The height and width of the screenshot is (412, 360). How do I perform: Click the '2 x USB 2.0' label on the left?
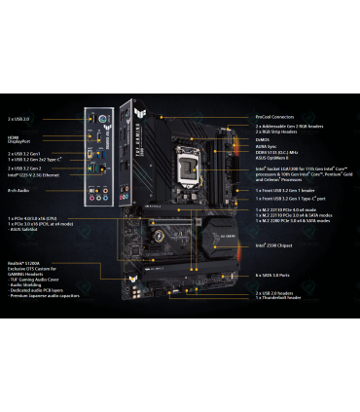[18, 118]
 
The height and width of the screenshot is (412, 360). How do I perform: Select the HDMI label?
[14, 137]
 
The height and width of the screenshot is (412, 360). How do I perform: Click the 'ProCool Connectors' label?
[278, 116]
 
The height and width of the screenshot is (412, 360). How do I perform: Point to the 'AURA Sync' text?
[267, 148]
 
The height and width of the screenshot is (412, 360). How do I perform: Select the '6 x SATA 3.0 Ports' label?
[278, 276]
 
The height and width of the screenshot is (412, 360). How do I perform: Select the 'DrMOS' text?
[263, 140]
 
